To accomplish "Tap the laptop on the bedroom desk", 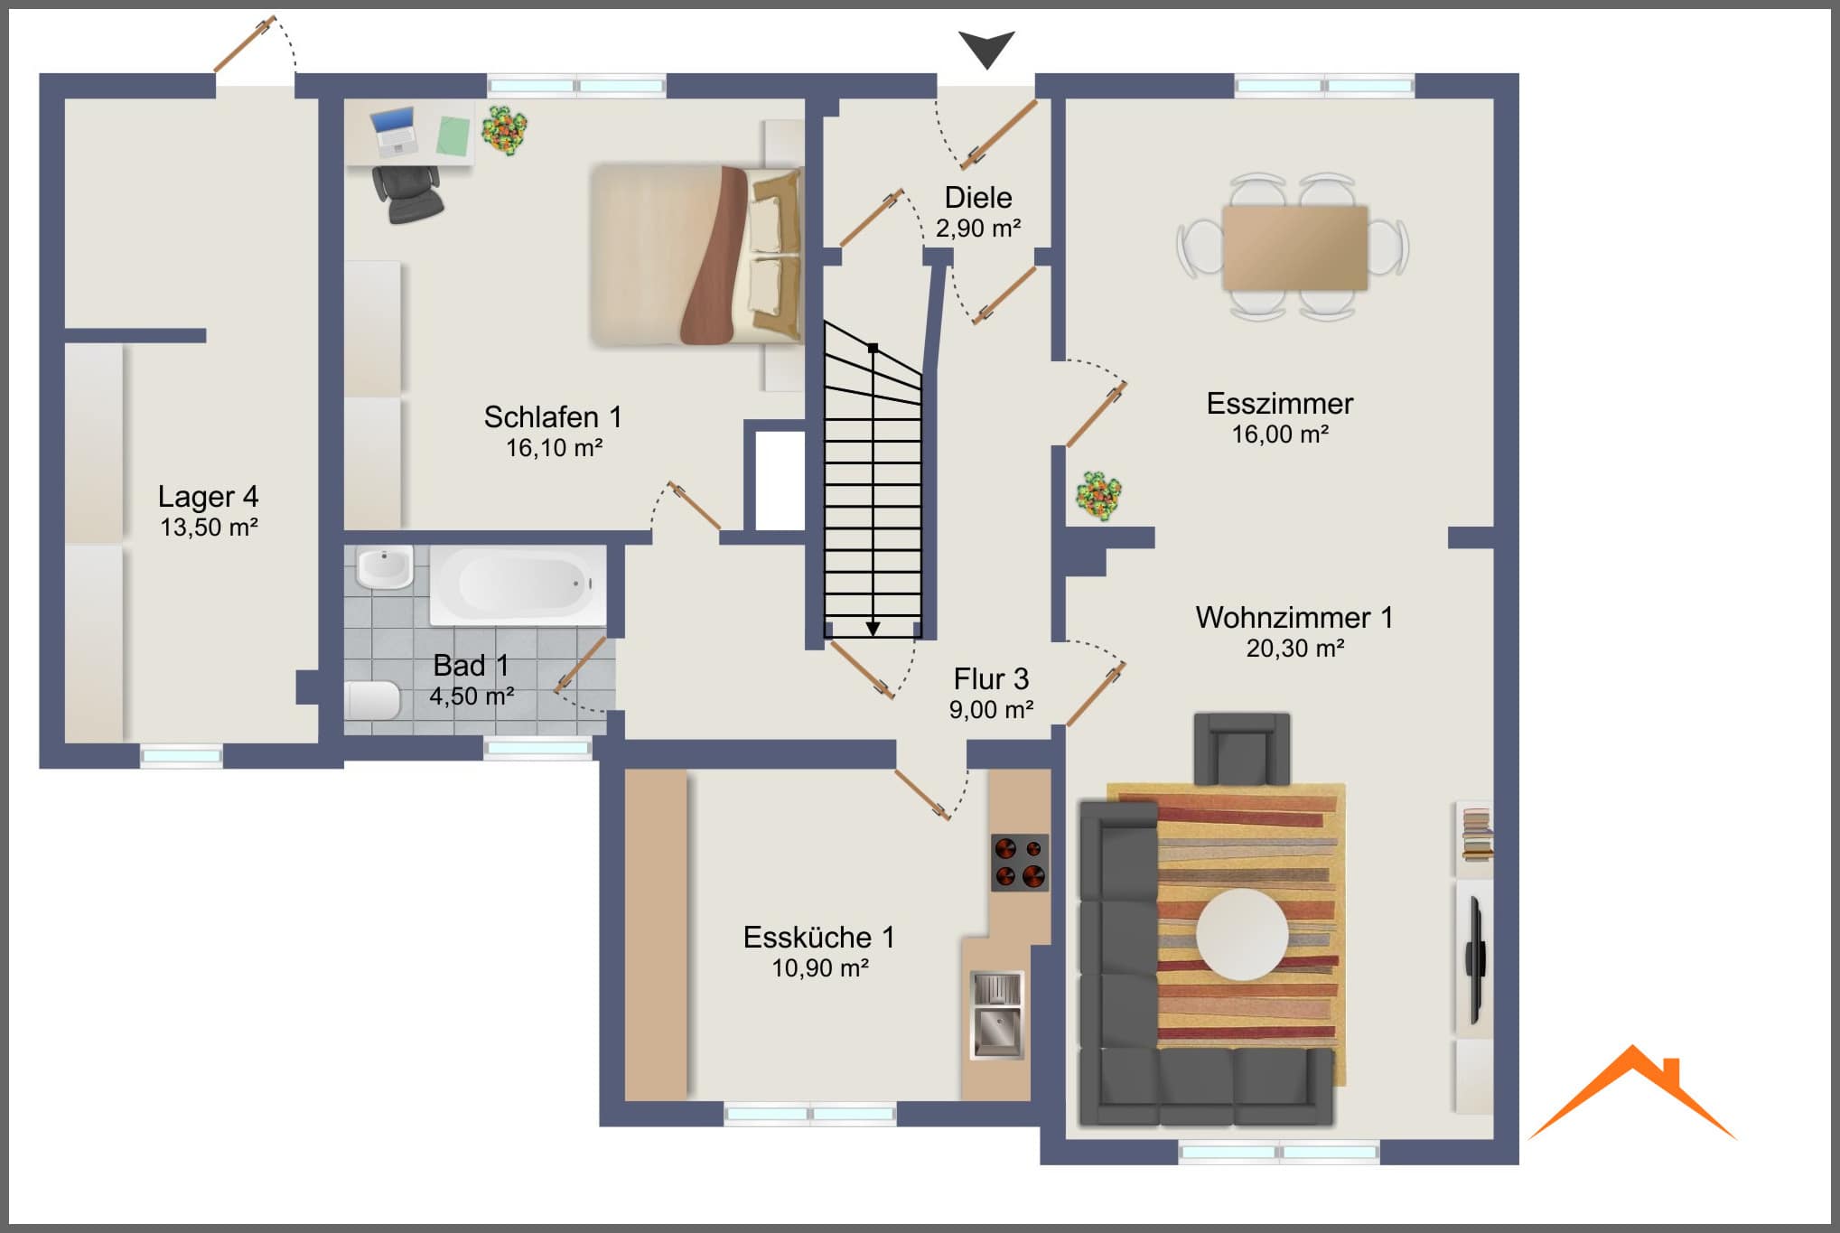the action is (x=395, y=130).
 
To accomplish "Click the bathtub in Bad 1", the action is (x=518, y=584).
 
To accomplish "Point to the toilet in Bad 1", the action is (x=373, y=701).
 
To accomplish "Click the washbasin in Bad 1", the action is (x=385, y=567).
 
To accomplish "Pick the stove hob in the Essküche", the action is (x=1020, y=862).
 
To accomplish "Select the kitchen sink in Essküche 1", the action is (x=997, y=1014).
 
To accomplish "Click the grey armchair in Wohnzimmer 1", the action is (x=1242, y=749).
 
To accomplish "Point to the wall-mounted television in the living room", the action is (x=1476, y=960).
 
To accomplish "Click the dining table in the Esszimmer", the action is (x=1294, y=248).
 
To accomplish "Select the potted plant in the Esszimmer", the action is (x=1098, y=495).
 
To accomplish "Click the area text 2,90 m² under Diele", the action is (x=978, y=229).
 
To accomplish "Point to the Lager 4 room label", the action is (x=208, y=497).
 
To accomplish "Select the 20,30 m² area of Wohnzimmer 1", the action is (x=1295, y=648).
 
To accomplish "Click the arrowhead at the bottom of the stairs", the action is (x=873, y=628).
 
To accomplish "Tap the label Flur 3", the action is (x=991, y=678).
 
